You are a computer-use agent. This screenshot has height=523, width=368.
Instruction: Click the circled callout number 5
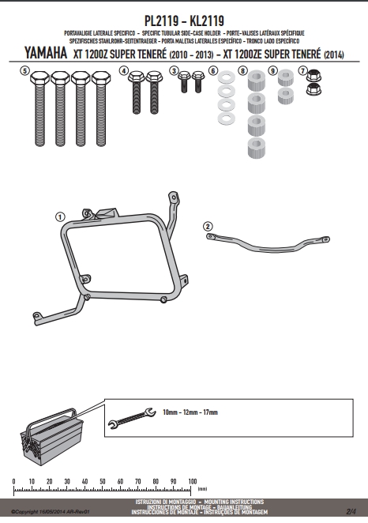pos(24,71)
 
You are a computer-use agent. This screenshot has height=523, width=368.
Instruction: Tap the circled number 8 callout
pos(242,71)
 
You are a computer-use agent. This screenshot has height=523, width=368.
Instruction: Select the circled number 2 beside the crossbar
pos(208,227)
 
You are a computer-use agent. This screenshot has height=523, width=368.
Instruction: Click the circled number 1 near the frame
pos(60,217)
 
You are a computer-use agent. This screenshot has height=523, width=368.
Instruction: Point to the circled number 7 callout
pos(302,71)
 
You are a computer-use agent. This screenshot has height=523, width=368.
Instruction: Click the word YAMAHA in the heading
pos(46,53)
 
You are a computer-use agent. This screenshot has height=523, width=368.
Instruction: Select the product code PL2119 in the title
pos(162,21)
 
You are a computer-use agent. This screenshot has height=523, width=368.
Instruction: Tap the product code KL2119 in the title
pos(207,21)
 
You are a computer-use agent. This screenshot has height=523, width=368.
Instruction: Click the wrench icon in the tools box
pos(132,418)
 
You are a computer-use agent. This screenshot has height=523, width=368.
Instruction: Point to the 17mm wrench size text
pos(210,412)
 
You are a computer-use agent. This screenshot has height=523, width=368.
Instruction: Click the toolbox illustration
pos(51,436)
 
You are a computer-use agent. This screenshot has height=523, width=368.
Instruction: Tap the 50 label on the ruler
pos(103,481)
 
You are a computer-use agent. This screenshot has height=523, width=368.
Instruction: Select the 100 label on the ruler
pos(193,481)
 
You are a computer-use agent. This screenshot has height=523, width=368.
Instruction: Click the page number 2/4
pos(351,511)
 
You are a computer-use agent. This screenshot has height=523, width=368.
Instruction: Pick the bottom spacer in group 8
pos(257,148)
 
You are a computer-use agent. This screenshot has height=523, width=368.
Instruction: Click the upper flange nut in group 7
pos(313,75)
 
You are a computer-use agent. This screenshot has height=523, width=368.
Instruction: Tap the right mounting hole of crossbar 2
pos(325,239)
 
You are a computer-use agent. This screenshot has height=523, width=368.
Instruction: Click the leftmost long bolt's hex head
pos(39,77)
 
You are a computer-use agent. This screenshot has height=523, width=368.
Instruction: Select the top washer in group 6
pos(227,78)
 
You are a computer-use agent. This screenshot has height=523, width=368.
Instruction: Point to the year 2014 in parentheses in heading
pos(334,55)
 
